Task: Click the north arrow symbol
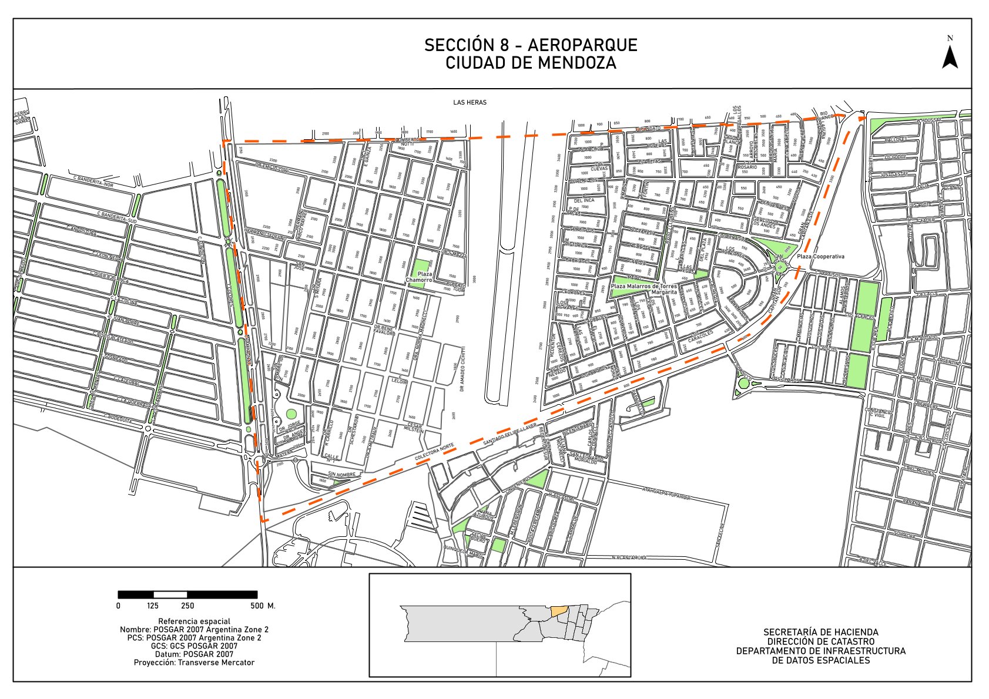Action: tap(950, 57)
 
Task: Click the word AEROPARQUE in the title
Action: tap(582, 45)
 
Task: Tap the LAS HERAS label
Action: tap(470, 102)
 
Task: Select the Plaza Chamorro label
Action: tap(419, 277)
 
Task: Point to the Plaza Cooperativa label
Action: tap(821, 257)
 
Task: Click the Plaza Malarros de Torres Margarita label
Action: tap(644, 288)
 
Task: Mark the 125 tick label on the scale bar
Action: tap(152, 606)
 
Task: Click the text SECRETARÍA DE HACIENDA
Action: tap(820, 632)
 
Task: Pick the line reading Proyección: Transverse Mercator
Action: tap(194, 663)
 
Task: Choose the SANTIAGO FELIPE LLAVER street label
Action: tap(509, 433)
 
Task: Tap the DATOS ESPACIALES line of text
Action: tap(820, 660)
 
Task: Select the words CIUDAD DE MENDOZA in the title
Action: tap(531, 63)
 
